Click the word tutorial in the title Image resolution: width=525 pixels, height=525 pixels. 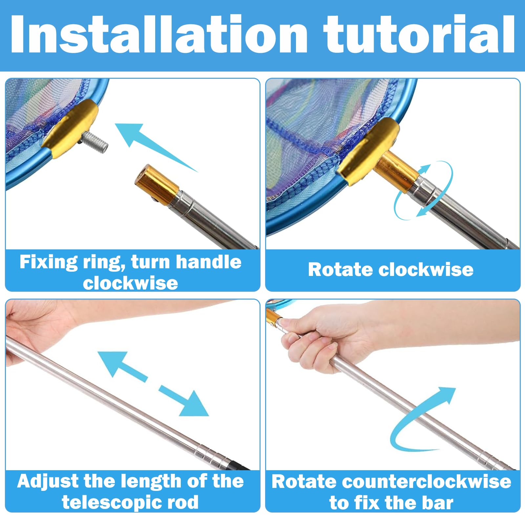coord(419,34)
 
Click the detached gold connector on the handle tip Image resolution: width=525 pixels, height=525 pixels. coord(157,185)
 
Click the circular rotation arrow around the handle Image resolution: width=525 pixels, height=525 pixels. coord(423,190)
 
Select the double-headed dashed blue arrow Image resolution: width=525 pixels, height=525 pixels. coord(153,384)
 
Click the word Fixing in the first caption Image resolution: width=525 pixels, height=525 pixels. coord(49,262)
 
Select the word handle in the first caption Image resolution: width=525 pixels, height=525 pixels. coord(209,262)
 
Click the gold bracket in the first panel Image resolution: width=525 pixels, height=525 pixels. coord(70,128)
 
